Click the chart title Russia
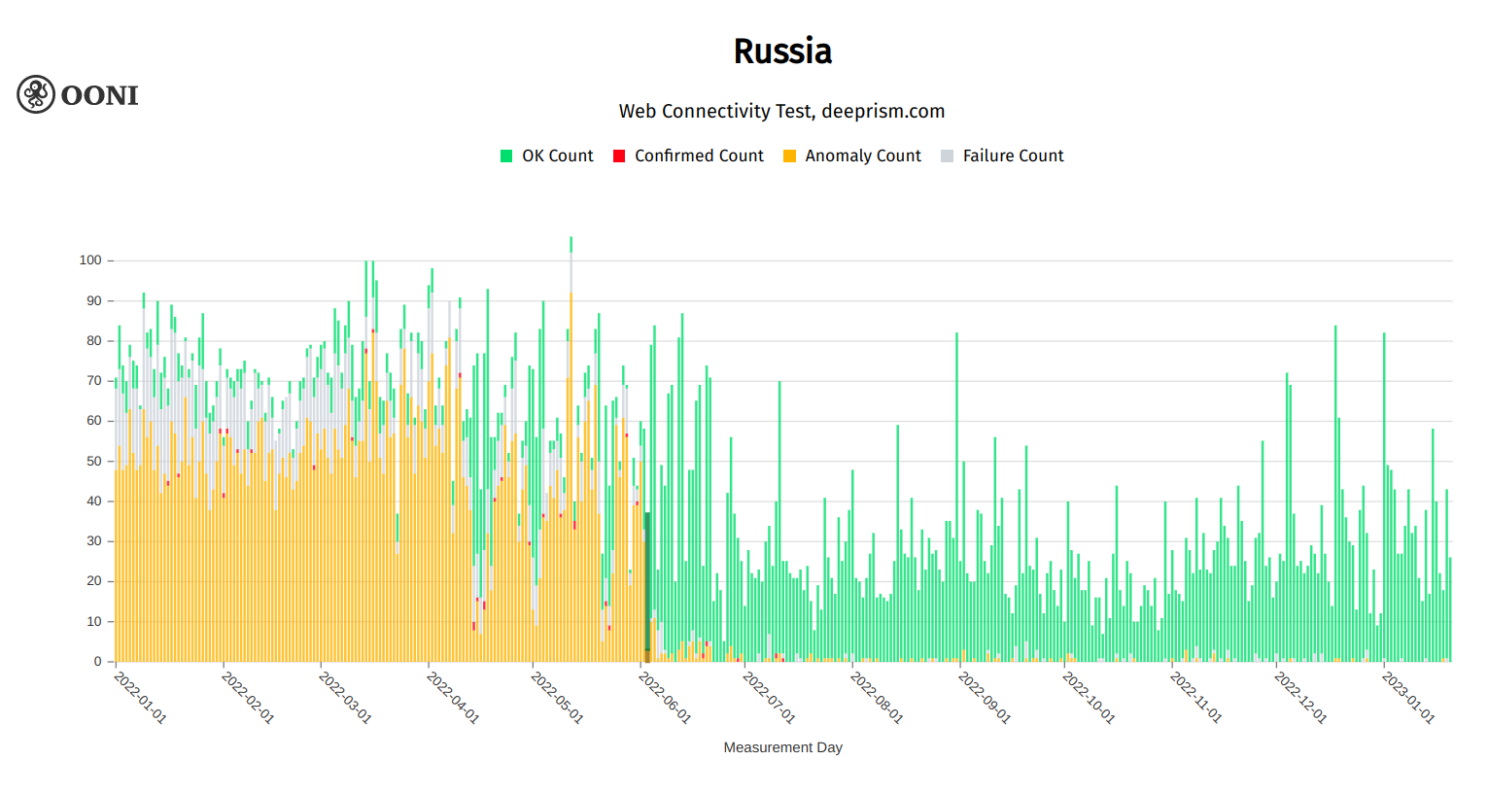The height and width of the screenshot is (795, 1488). (782, 52)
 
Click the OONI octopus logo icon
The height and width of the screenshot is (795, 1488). (36, 94)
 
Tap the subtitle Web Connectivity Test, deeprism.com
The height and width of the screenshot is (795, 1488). (781, 111)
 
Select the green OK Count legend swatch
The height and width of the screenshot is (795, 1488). (506, 156)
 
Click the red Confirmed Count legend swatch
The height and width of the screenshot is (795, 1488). (619, 156)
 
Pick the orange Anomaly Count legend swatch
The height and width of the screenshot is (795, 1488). (789, 156)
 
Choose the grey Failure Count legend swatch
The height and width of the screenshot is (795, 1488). (948, 156)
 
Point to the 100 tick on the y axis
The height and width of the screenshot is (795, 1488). (90, 260)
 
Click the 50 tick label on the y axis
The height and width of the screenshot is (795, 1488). (94, 461)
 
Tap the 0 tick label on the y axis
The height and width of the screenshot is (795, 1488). (97, 662)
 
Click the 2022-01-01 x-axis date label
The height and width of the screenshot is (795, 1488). (141, 697)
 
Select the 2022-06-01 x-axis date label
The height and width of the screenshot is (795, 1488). (665, 697)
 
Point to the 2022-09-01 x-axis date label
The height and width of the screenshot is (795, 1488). (985, 697)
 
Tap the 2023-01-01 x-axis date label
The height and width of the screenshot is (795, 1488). (1408, 697)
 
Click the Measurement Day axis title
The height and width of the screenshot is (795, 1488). (782, 747)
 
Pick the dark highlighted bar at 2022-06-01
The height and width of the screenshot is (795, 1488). (647, 583)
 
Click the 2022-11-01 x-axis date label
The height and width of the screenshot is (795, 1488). (1195, 697)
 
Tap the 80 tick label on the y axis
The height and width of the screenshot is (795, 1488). (94, 341)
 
